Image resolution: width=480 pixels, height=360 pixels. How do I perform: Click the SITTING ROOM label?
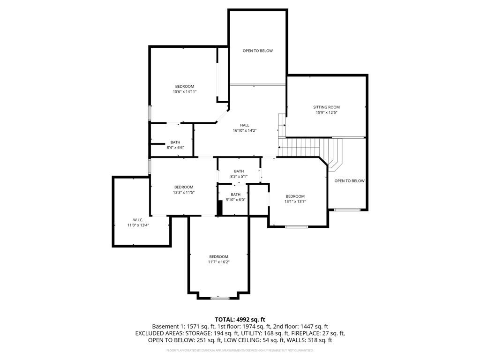(326, 107)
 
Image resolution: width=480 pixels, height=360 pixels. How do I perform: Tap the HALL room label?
(245, 125)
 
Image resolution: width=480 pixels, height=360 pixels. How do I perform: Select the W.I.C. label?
(138, 220)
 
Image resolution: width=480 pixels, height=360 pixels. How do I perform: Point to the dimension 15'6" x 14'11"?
(185, 91)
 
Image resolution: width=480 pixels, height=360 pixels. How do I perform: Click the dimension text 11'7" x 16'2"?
(219, 262)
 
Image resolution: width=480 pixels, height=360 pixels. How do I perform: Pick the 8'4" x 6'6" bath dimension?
(175, 148)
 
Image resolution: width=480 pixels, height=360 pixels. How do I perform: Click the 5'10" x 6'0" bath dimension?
(236, 200)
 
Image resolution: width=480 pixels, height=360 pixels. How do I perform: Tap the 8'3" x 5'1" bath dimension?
(239, 176)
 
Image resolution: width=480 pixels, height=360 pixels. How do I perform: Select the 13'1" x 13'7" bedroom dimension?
(295, 202)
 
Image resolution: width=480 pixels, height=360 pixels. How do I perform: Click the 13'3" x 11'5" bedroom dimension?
(184, 192)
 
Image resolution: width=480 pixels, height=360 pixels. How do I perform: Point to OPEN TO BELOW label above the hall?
(258, 51)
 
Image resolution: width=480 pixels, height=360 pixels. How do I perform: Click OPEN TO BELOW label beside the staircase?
(350, 181)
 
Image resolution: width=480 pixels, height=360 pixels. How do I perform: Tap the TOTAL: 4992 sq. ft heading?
(240, 320)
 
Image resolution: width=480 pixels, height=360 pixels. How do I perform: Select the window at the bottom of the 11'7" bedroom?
(220, 298)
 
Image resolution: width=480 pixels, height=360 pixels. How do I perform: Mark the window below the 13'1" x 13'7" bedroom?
(296, 227)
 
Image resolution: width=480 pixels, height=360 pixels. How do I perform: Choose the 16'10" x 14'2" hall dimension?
(245, 130)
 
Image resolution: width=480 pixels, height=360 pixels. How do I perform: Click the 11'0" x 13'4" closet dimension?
(138, 225)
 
